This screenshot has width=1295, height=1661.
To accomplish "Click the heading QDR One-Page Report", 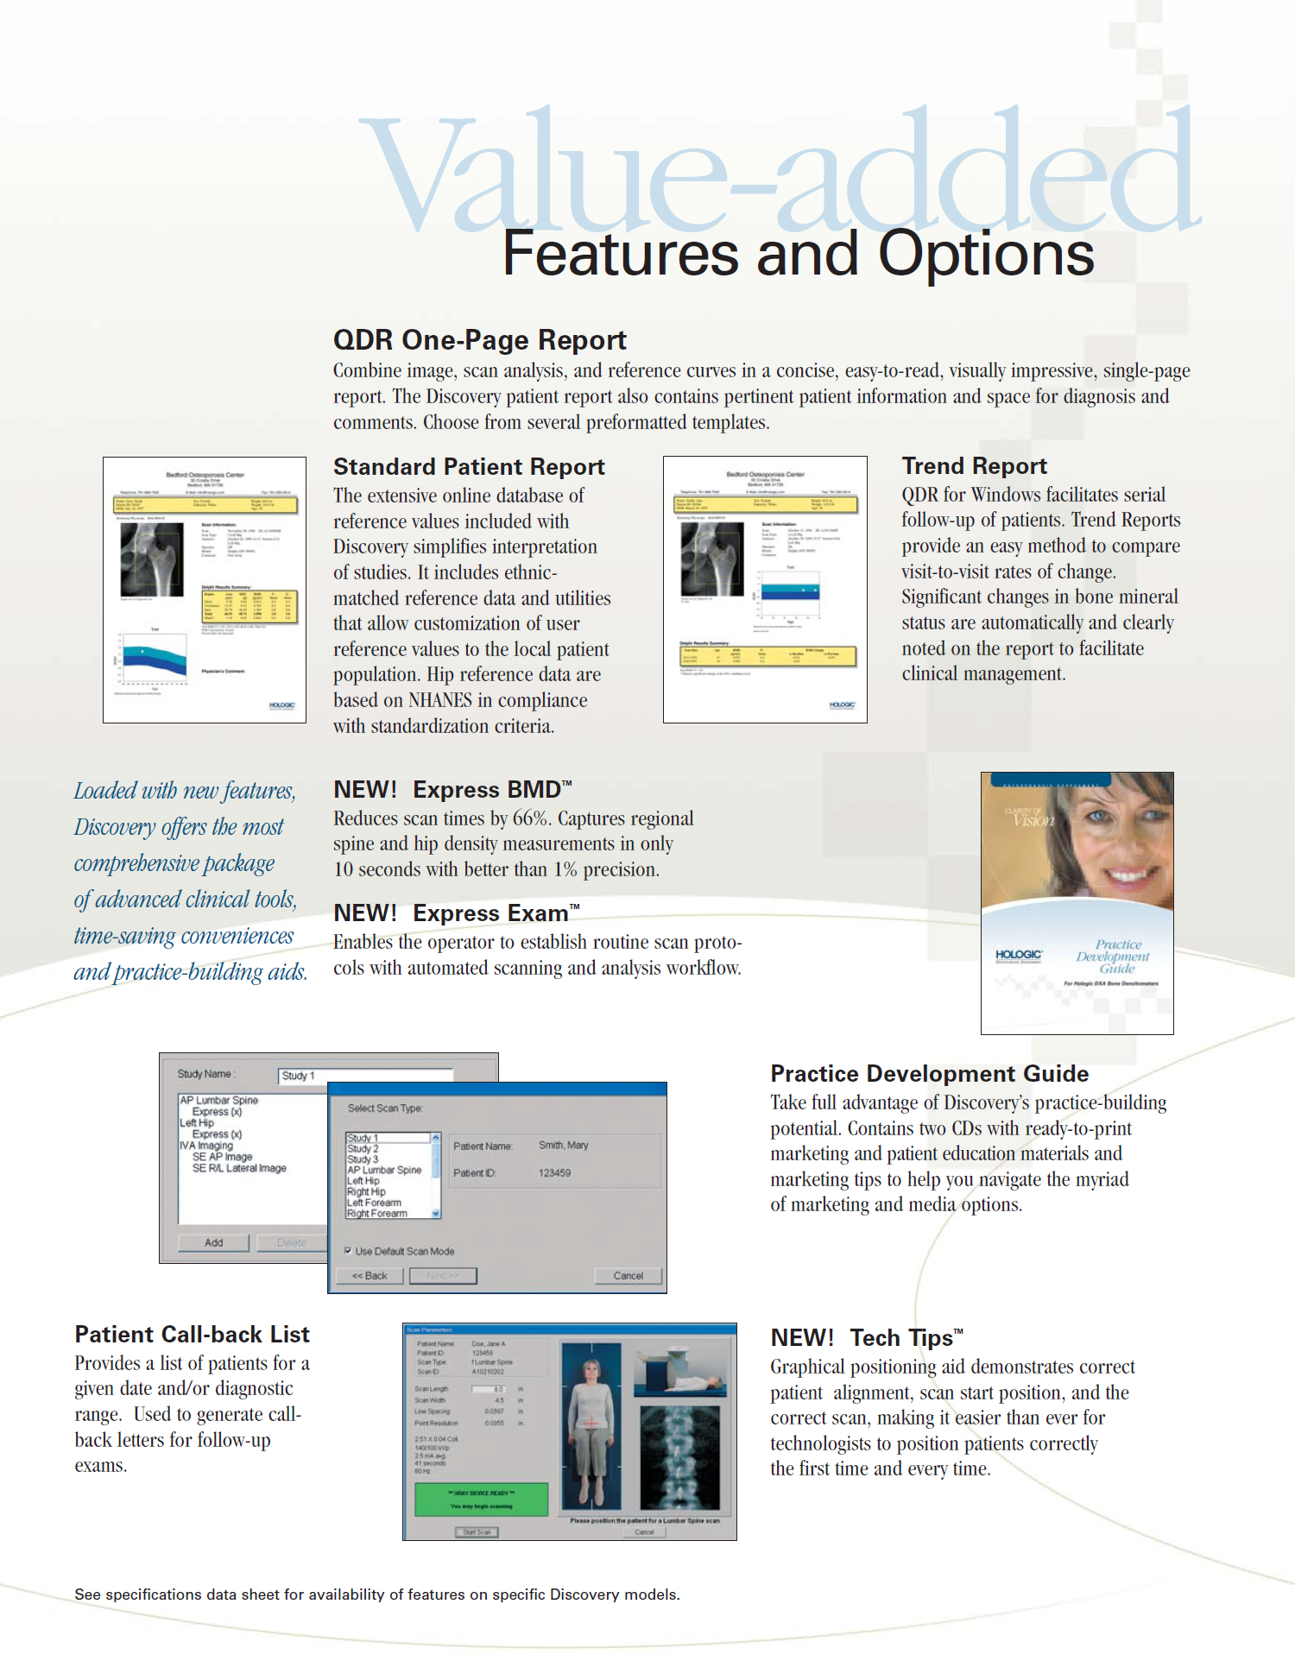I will (479, 340).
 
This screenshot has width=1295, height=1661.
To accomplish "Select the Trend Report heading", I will (974, 466).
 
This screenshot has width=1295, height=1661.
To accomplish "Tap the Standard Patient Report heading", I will (469, 467).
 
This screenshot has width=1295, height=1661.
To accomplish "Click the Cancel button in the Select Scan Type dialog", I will (628, 1276).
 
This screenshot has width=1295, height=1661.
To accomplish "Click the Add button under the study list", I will (213, 1243).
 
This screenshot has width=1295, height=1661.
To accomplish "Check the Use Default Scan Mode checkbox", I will (348, 1251).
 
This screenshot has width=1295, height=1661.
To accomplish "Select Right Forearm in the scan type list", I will (377, 1214).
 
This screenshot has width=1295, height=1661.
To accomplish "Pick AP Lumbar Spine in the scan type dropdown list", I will (384, 1171).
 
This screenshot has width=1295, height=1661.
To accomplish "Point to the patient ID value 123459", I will (554, 1173).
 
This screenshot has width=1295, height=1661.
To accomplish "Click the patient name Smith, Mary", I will (563, 1146).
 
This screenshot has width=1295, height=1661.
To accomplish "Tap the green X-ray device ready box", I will (481, 1500).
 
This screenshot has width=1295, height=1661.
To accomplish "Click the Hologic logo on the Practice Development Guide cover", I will (1019, 955).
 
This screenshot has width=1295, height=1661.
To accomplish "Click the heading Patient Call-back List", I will (192, 1335).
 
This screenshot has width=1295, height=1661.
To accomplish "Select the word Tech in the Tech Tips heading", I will (875, 1338).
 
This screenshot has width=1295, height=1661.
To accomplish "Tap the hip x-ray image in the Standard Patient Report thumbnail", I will (152, 559).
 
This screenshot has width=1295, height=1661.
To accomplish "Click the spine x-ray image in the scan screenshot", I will (679, 1456).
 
